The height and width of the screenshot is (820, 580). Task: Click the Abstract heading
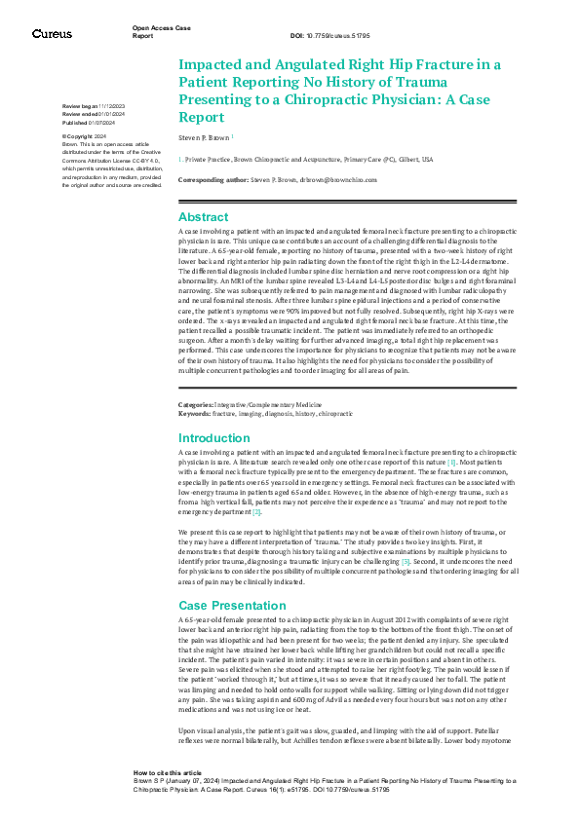coord(204,217)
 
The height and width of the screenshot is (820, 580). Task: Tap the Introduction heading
coord(214,438)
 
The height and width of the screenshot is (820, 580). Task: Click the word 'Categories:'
coord(197,403)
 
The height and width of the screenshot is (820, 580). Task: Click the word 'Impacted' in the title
coord(207,65)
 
